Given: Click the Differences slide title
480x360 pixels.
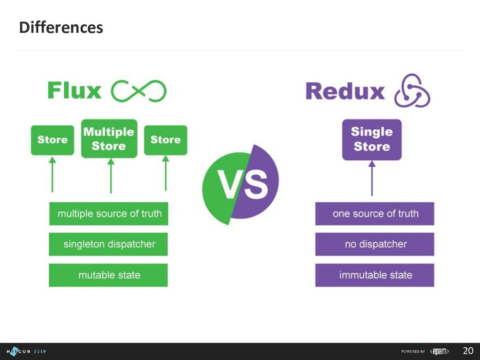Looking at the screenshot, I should click(61, 28).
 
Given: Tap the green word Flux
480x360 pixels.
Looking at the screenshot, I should click(74, 91).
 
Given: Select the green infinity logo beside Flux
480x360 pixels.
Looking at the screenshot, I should click(138, 91).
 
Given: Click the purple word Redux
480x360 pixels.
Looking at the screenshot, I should click(345, 91).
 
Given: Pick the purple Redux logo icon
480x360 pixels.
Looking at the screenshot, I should click(412, 90).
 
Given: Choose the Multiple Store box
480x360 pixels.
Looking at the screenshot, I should click(109, 139).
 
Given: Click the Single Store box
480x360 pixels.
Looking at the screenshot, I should click(372, 139).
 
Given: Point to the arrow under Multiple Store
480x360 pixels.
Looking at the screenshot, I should click(111, 176).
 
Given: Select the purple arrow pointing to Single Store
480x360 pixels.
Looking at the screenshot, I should click(372, 178).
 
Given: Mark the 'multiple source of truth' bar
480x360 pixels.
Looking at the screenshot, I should click(109, 214).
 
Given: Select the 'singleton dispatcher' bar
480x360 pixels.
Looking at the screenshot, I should click(109, 244).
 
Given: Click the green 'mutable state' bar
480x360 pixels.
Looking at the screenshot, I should click(109, 275).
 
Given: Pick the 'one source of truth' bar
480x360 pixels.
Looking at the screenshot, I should click(375, 214).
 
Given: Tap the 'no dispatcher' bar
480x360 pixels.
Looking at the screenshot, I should click(375, 244).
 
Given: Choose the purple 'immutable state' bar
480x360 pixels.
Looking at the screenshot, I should click(375, 275).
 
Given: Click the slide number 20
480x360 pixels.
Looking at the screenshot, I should click(468, 351).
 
